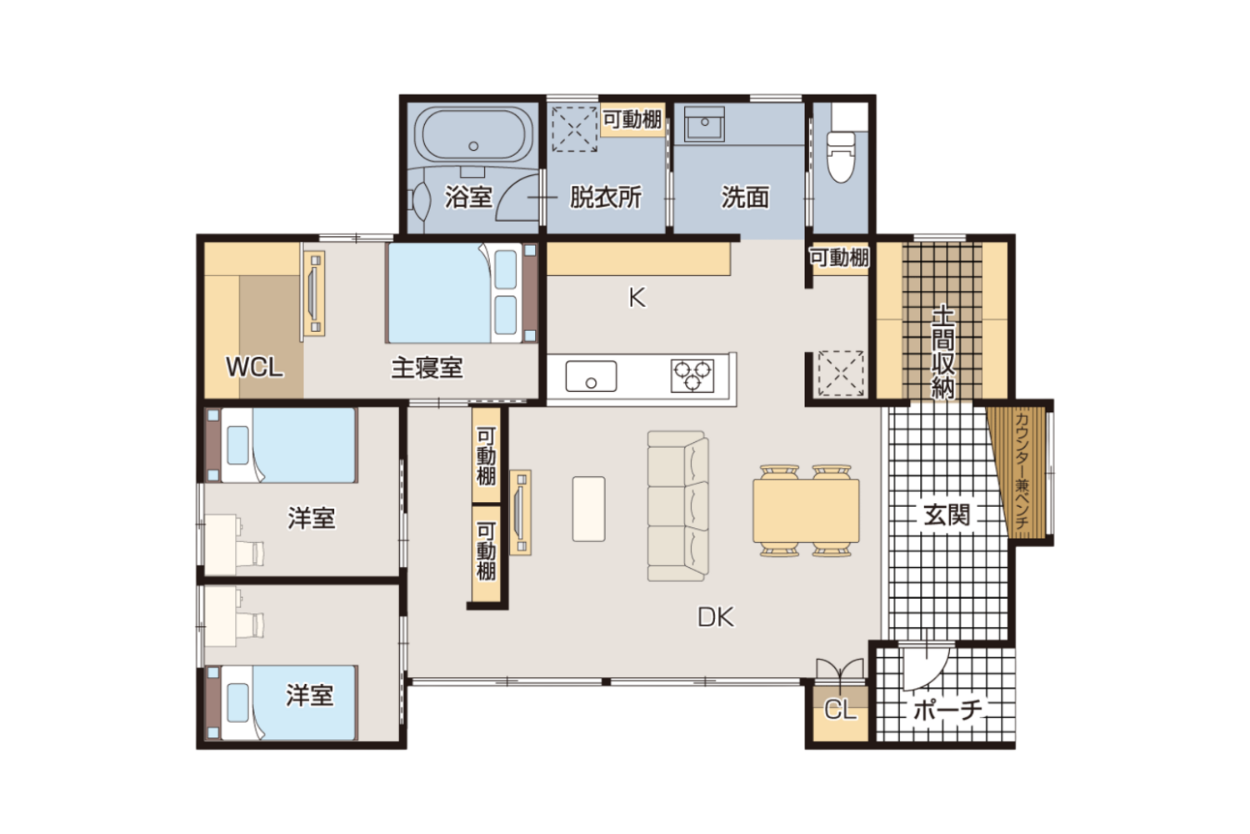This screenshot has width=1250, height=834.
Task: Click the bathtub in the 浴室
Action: (x=473, y=135)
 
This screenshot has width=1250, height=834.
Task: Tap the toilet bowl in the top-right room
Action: (x=840, y=157)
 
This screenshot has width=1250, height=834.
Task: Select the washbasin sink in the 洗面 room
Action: (x=704, y=124)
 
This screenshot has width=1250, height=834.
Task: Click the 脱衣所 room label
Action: (x=606, y=197)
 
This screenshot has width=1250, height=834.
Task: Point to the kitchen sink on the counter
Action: (x=591, y=376)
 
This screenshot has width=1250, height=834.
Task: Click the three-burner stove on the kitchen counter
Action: (x=692, y=376)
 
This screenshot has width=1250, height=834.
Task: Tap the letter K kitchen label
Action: (x=637, y=298)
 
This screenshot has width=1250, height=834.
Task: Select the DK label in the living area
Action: (x=716, y=617)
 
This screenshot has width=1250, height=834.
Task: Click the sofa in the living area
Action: (x=677, y=506)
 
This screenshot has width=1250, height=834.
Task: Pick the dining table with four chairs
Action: (x=806, y=510)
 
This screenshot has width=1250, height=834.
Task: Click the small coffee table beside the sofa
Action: (x=588, y=509)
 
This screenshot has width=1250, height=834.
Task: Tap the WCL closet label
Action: (x=254, y=367)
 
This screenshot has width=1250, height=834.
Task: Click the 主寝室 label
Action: (x=427, y=368)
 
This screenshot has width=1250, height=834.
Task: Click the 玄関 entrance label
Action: (x=947, y=515)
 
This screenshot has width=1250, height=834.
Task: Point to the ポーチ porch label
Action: (x=947, y=710)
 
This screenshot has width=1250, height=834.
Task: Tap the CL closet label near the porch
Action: (x=840, y=710)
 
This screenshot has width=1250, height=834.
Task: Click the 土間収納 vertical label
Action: (x=942, y=351)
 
